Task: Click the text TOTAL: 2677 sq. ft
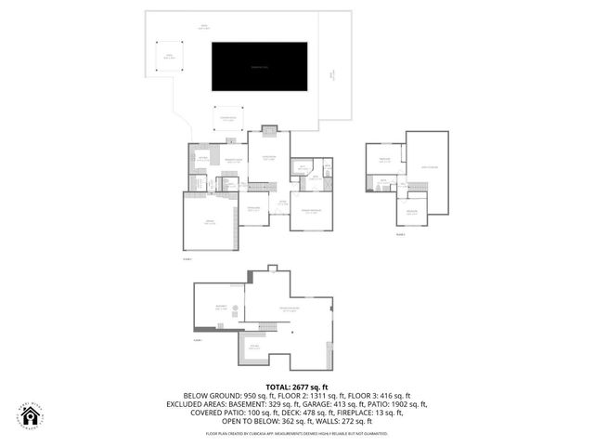point(297,387)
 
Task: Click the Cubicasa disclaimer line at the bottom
point(297,433)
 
